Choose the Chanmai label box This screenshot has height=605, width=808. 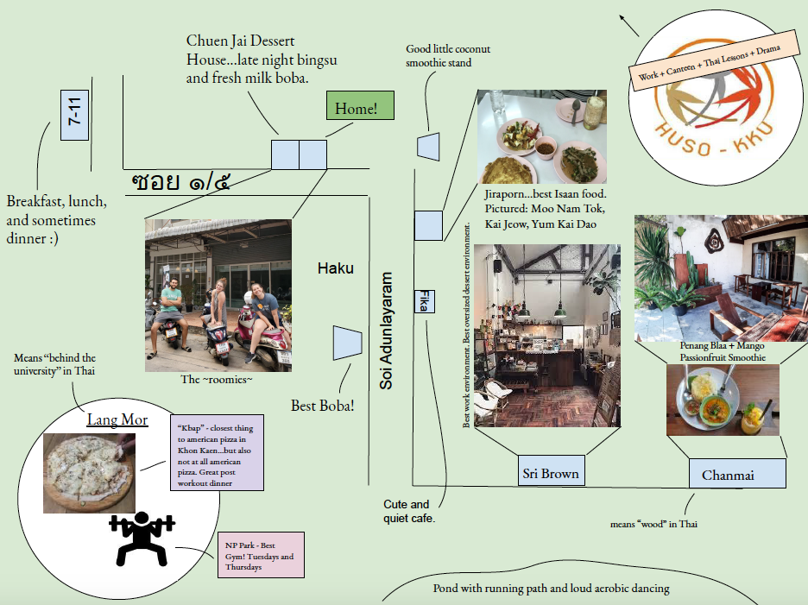737,474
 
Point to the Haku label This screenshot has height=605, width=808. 335,268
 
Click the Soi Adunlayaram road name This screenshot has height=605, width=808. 386,331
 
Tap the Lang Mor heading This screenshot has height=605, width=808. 117,420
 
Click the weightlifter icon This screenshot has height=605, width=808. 142,538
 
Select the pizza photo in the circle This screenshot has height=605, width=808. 89,474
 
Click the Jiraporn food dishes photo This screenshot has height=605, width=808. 541,136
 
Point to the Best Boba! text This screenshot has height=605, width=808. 322,405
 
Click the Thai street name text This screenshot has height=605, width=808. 180,182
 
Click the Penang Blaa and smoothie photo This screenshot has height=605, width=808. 723,400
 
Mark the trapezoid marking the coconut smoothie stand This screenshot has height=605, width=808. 429,146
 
